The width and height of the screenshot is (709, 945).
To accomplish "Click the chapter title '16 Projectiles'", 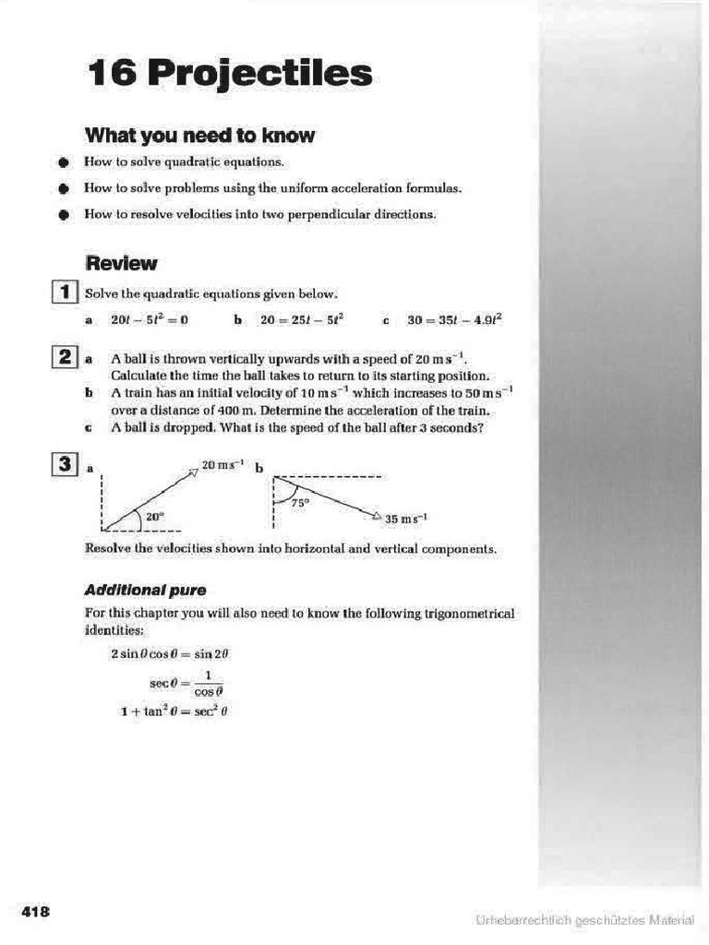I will pos(229,73).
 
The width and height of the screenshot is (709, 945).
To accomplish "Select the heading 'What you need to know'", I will pos(199,136).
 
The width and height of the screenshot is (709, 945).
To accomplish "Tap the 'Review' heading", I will pos(121,263).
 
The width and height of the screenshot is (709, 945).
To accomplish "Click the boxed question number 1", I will pos(66,293).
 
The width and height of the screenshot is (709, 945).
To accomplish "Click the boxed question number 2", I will pos(66,357).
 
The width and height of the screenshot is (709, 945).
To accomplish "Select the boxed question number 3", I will pos(66,467).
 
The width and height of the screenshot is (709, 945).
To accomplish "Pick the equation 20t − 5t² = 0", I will pos(149,320).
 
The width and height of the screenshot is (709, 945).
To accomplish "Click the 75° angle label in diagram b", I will pos(299,503).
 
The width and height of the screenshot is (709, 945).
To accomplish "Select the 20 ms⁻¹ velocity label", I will pos(222,465).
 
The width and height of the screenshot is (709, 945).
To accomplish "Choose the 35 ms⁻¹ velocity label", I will pos(406,520).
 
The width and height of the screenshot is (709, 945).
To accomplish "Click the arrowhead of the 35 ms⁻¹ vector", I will pos(376,517).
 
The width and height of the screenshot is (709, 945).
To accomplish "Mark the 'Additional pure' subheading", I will pos(145,589).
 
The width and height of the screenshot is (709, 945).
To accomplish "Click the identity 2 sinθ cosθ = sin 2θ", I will pos(169,653).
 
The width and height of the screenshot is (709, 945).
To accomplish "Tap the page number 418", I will pos(36,912).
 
